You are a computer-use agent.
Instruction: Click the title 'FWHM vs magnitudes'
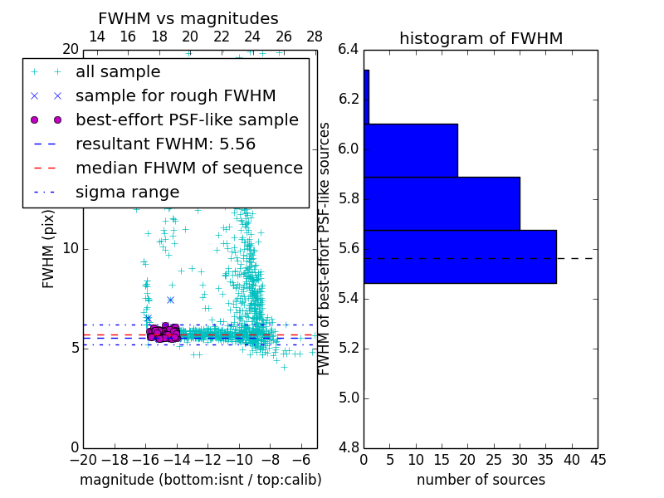tap(188, 19)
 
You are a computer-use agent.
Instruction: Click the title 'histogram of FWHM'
tap(481, 38)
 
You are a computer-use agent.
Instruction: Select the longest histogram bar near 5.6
tap(459, 256)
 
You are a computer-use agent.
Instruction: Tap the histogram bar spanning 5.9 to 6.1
tap(410, 150)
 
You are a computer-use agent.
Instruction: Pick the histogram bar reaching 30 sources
tap(441, 203)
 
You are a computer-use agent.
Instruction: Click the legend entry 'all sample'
tap(118, 72)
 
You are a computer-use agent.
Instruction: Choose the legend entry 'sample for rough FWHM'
tap(175, 96)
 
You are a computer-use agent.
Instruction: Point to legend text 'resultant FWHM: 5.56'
tap(165, 144)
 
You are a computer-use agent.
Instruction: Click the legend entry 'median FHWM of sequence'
tap(188, 168)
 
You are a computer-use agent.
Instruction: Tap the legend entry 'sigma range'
tap(127, 193)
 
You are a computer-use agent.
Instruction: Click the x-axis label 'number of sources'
tap(481, 480)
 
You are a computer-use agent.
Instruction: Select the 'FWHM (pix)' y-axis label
tap(49, 248)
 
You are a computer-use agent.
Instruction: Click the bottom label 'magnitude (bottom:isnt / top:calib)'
tap(200, 480)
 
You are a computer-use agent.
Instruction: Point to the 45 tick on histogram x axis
tap(598, 459)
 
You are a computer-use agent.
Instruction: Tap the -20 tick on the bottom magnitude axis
tap(83, 459)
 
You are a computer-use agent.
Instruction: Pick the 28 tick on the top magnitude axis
tap(315, 37)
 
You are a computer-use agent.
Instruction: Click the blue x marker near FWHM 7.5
tap(170, 300)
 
